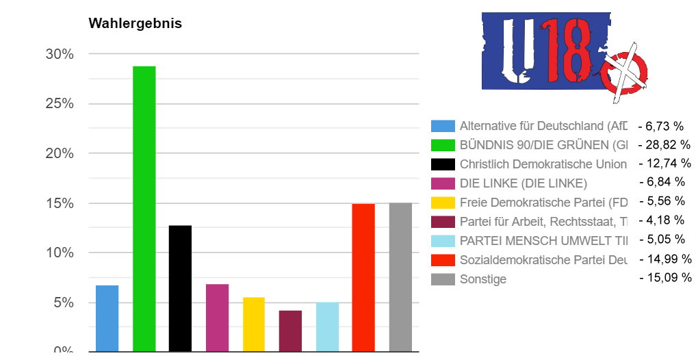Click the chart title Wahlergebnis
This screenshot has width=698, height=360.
tap(135, 23)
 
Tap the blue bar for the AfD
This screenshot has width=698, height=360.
tap(107, 318)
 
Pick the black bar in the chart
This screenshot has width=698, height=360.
tap(181, 287)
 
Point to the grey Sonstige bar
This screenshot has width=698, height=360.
tap(400, 277)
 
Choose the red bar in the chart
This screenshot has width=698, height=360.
tap(363, 277)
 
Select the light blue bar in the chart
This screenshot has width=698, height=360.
tap(327, 326)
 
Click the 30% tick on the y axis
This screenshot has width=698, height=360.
tap(60, 54)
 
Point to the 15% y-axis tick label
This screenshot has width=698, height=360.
tap(60, 203)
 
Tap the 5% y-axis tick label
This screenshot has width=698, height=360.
tap(64, 303)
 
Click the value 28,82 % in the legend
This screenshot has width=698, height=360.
tap(664, 145)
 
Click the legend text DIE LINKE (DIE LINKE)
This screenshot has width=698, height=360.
tap(523, 183)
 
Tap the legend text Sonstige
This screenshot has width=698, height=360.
tap(483, 279)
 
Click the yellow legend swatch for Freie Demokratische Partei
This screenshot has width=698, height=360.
tap(443, 203)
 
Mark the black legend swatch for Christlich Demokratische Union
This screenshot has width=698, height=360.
tap(443, 164)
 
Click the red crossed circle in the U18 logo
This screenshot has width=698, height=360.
tap(624, 73)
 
